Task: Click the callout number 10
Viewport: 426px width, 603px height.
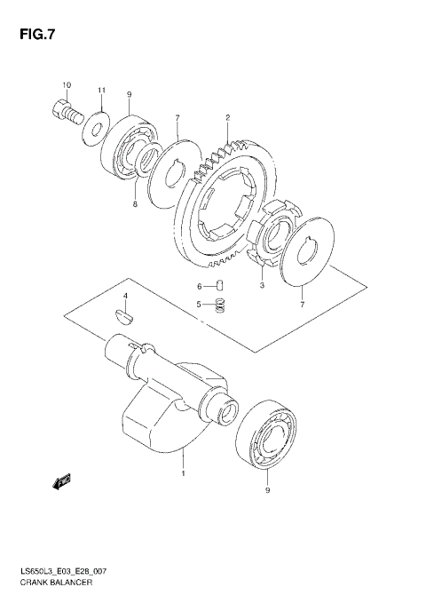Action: pos(66,85)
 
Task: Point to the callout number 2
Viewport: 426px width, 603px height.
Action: pos(228,117)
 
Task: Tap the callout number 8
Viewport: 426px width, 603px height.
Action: pos(135,203)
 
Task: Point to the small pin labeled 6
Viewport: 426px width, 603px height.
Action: pos(223,285)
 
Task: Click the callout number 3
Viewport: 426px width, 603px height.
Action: pos(261,286)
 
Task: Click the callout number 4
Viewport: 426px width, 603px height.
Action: pos(125,296)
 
